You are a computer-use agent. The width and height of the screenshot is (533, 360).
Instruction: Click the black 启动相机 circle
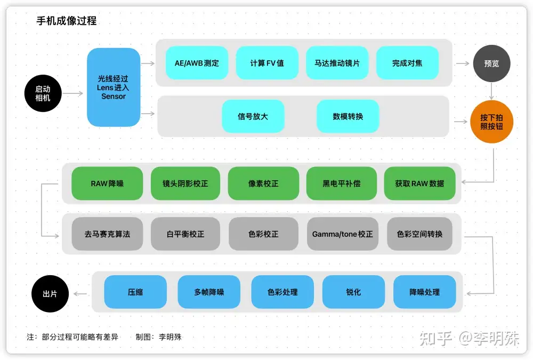[43, 94]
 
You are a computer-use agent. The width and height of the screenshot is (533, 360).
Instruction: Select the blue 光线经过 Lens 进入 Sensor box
[114, 87]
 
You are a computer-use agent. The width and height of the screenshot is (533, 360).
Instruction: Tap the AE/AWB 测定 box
[197, 63]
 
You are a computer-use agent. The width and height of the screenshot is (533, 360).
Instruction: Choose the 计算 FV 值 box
[267, 63]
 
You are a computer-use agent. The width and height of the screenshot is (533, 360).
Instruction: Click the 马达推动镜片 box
[337, 63]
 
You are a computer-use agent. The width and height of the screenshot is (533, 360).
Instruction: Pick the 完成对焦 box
[407, 63]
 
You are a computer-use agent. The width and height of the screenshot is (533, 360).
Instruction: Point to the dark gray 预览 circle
[491, 63]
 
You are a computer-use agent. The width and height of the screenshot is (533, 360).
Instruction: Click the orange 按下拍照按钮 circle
[491, 122]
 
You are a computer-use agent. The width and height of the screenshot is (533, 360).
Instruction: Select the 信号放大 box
[253, 116]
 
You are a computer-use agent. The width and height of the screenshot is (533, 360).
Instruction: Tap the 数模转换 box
[348, 116]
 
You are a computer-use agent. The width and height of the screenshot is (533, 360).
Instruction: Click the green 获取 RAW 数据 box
[419, 183]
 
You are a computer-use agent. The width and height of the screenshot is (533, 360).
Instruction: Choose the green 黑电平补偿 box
[341, 183]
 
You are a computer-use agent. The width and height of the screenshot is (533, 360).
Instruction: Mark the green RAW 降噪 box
[107, 183]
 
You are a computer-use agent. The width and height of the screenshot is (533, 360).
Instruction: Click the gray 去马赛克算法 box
[107, 234]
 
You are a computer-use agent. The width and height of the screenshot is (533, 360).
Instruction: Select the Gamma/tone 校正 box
[343, 234]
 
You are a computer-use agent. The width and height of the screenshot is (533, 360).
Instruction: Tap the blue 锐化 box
[353, 292]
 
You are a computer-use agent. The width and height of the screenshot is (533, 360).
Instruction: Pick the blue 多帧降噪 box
[209, 292]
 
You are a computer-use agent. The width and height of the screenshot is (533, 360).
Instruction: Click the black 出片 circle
[50, 293]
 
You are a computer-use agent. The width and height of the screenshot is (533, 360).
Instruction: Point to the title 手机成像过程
[66, 21]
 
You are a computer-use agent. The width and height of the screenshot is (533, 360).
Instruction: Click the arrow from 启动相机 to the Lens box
[74, 94]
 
